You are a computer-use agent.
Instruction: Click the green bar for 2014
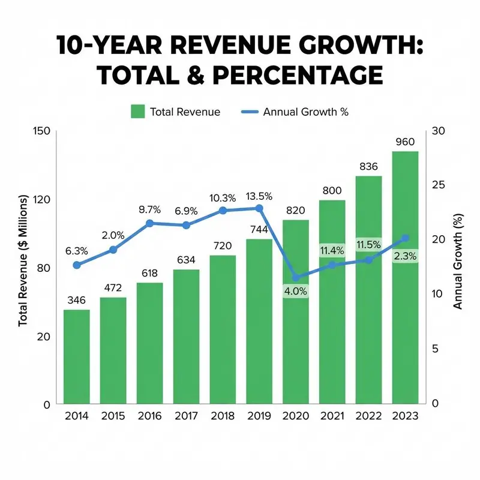coord(77,356)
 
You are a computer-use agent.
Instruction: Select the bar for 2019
coord(259,321)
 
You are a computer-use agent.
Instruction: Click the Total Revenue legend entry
coord(175,112)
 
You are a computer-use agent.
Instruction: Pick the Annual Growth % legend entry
coord(294,112)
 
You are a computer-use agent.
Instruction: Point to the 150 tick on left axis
coord(40,131)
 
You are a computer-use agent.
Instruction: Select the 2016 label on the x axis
coord(149,415)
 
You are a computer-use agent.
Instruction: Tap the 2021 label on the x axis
coord(332,415)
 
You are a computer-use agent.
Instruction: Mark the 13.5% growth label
coord(259,196)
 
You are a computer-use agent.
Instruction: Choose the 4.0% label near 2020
coord(295,291)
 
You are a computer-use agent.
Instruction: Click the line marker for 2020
coord(296,277)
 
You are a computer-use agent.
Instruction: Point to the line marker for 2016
coord(150,223)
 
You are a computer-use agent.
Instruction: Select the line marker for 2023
coord(405,238)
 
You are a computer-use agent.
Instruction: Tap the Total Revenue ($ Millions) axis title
coord(23,260)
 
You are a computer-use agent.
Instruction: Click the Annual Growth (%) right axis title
coord(458,261)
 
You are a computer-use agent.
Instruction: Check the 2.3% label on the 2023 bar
coord(405,256)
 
